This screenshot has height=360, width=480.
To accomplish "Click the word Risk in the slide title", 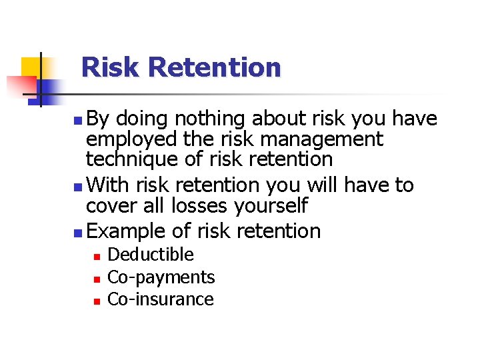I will pos(111,67).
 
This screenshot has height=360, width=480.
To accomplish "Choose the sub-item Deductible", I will pos(151,255).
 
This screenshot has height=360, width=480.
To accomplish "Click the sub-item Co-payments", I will pos(161,277).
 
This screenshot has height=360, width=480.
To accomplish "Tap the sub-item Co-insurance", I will pos(161,299).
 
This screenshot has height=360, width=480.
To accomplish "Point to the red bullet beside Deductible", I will pos(96,256).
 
